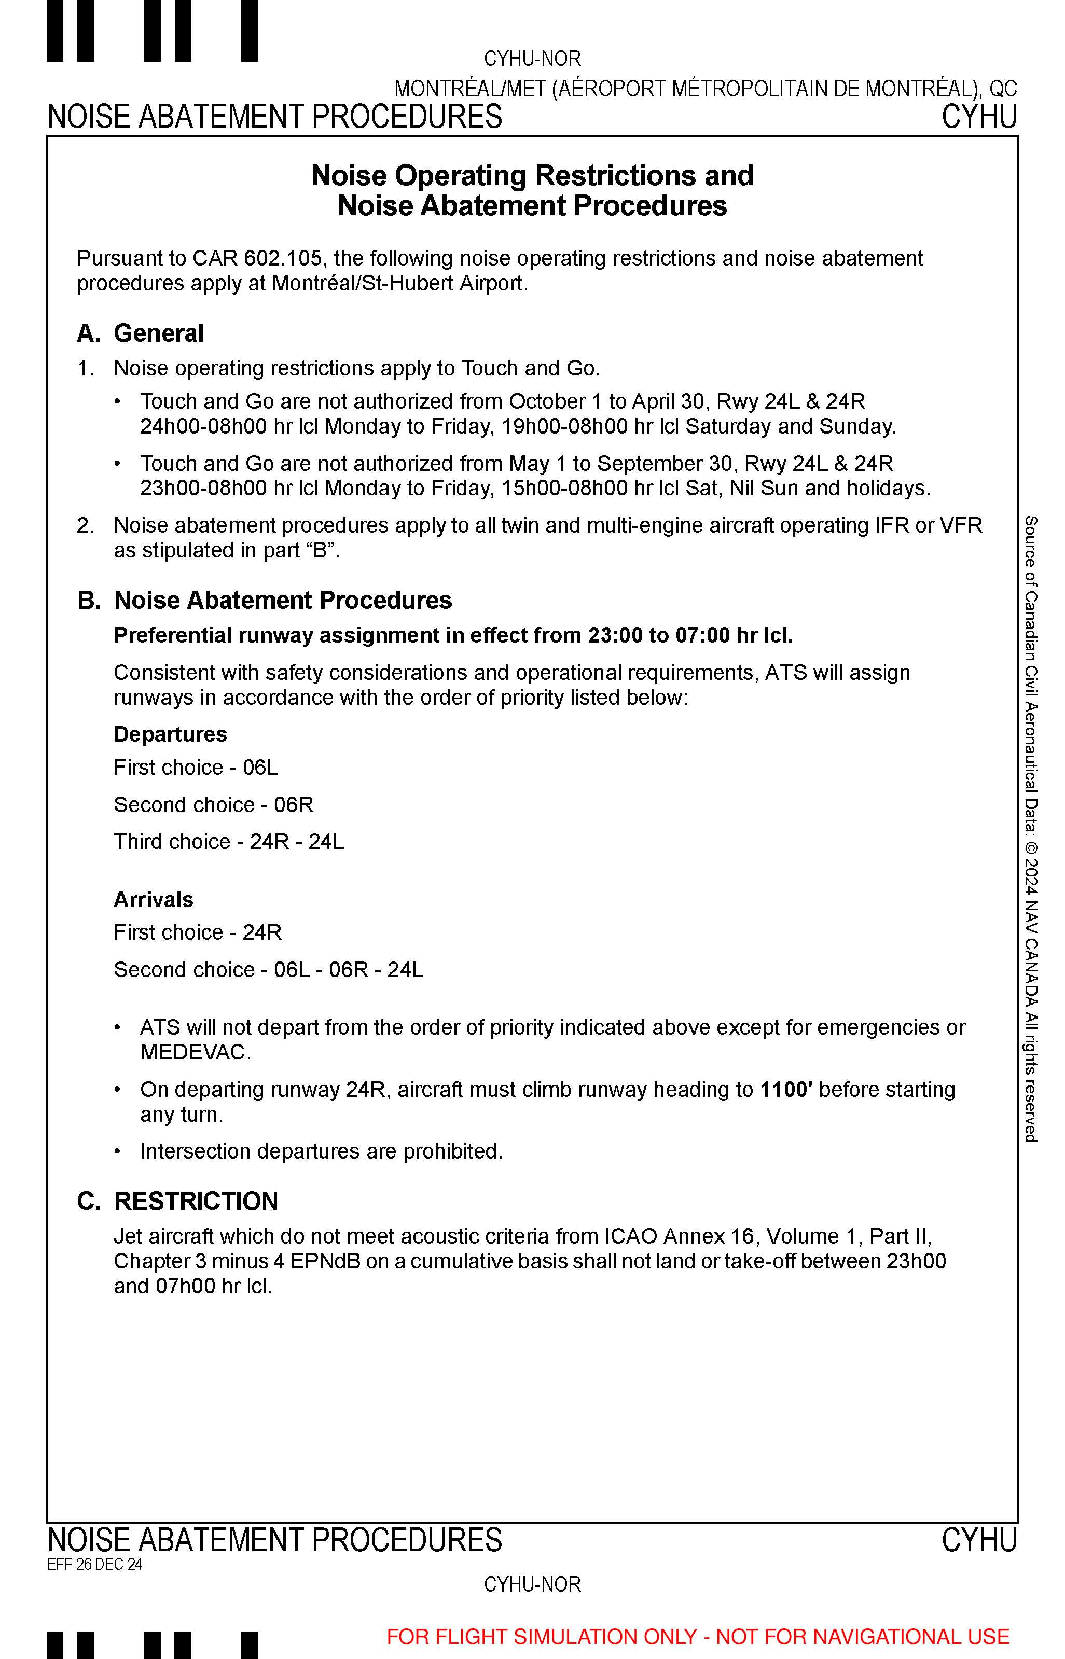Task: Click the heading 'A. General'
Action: [x=141, y=333]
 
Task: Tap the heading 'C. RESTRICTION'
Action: [x=178, y=1202]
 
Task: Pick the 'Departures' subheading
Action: [x=170, y=734]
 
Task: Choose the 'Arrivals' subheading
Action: [x=154, y=899]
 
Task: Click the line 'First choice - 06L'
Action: [x=196, y=768]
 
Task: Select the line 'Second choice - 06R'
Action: [x=213, y=805]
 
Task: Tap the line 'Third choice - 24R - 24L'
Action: [x=228, y=841]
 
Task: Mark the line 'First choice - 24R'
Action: [x=198, y=932]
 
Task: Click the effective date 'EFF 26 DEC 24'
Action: [x=95, y=1564]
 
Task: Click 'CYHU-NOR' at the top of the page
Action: [x=532, y=59]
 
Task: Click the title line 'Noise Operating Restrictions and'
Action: [x=532, y=176]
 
